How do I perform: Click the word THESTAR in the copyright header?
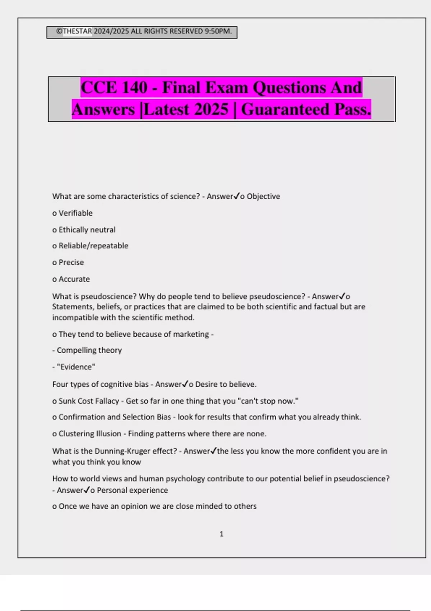(x=77, y=31)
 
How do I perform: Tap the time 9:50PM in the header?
(x=218, y=31)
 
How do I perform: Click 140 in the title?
(x=135, y=88)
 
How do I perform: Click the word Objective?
(x=263, y=196)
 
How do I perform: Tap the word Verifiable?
(x=75, y=213)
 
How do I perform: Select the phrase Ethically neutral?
(x=87, y=230)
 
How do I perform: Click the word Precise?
(x=71, y=262)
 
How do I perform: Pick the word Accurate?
(x=74, y=279)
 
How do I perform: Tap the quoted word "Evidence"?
(x=76, y=367)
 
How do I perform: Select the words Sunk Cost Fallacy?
(x=89, y=401)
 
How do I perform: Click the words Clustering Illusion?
(x=90, y=434)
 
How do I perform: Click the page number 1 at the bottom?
(x=221, y=534)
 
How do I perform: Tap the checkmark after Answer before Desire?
(x=185, y=384)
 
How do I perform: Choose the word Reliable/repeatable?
(x=93, y=246)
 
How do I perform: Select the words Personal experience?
(x=132, y=490)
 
